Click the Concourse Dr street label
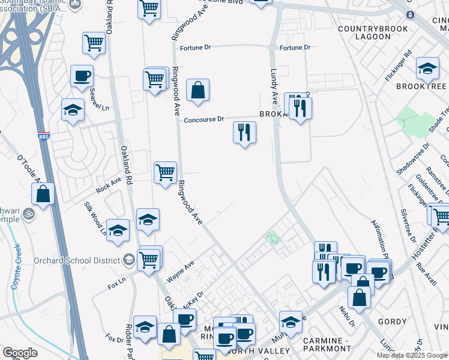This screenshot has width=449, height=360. (203, 119)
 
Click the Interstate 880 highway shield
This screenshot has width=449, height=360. (43, 137)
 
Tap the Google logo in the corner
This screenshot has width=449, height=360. (20, 352)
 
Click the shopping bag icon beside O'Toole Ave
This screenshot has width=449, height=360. (43, 194)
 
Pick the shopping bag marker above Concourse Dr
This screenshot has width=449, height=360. (197, 91)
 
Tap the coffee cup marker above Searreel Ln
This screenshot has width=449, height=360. (82, 76)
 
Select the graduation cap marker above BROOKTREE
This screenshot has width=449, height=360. (427, 68)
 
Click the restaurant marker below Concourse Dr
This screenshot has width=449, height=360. (244, 133)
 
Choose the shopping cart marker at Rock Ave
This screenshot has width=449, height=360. (165, 173)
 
